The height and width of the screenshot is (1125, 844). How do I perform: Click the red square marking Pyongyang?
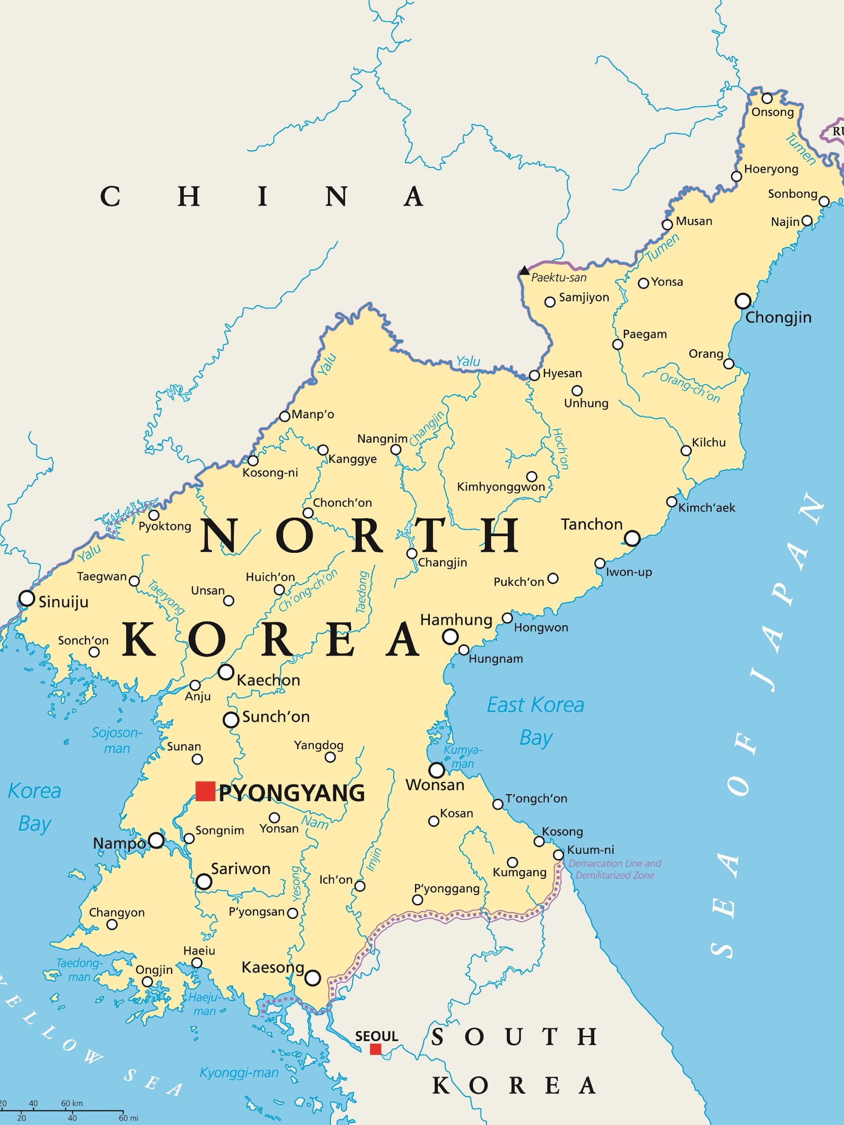(x=205, y=791)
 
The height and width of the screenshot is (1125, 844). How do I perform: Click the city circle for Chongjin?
(x=743, y=301)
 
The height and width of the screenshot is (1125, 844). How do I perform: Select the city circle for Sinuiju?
(x=26, y=598)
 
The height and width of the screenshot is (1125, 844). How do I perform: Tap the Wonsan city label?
(x=435, y=785)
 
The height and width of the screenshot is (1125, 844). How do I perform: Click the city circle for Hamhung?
(x=450, y=636)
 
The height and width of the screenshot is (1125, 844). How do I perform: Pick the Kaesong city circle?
(x=313, y=977)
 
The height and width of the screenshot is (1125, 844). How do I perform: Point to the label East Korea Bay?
(x=535, y=721)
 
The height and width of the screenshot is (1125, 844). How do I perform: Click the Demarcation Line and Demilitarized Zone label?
(x=615, y=869)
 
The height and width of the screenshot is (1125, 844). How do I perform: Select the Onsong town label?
(x=772, y=112)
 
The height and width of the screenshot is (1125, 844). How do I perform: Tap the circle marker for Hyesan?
(x=534, y=375)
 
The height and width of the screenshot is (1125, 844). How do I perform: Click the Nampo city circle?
(x=156, y=840)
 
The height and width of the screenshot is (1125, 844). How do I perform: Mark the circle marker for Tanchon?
(x=632, y=537)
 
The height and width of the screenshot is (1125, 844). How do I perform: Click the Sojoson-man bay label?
(x=117, y=740)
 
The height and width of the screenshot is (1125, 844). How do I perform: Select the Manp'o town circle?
(x=285, y=417)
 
